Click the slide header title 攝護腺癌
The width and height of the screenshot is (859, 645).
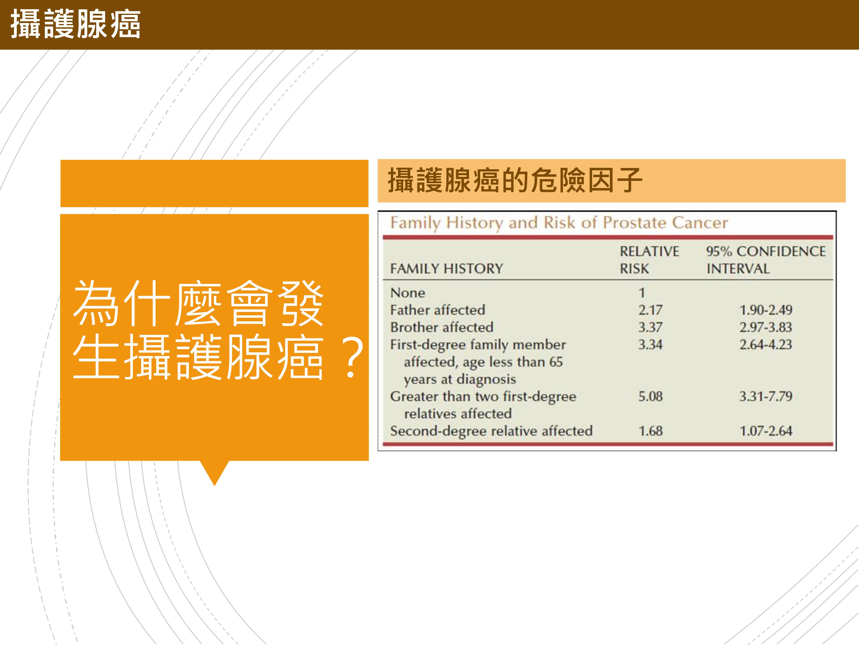[x=75, y=24]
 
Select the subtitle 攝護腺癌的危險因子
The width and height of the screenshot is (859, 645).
[x=515, y=180]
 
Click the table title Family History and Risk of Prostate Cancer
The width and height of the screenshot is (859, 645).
[x=559, y=223]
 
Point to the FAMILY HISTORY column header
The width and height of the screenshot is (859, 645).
[x=447, y=269]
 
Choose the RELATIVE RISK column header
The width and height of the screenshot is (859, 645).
[x=649, y=260]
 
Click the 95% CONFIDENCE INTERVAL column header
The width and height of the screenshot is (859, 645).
[x=766, y=260]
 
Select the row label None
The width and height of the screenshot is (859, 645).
[x=408, y=293]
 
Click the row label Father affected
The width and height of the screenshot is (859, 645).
[x=438, y=310]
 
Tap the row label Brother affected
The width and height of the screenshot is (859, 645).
[x=442, y=327]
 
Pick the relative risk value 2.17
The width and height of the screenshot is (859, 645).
[x=651, y=310]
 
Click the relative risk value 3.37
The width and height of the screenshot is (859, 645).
[x=651, y=327]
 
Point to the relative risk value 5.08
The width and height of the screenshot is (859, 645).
[x=651, y=396]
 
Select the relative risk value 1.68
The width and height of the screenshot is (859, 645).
[x=651, y=431]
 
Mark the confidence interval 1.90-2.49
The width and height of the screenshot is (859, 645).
[x=766, y=310]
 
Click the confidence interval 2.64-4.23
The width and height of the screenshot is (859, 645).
[x=766, y=345]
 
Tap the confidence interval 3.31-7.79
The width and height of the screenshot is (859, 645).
[x=766, y=396]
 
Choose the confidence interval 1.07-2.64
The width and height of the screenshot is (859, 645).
[x=766, y=431]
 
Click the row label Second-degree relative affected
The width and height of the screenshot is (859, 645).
[x=491, y=431]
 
